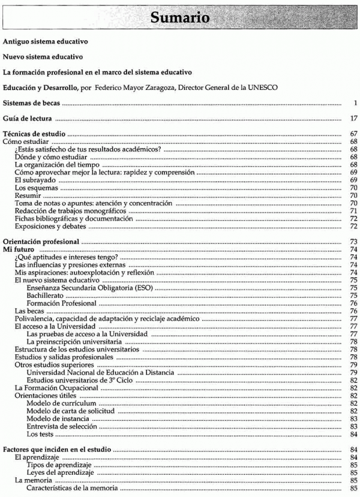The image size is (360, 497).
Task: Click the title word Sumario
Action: (179, 18)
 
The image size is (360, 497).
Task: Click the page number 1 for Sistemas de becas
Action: (355, 103)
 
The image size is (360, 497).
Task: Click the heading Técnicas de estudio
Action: (35, 134)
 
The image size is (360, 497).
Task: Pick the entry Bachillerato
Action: (46, 296)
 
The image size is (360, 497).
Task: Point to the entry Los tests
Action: (41, 434)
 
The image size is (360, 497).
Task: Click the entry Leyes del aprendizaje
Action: (61, 473)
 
